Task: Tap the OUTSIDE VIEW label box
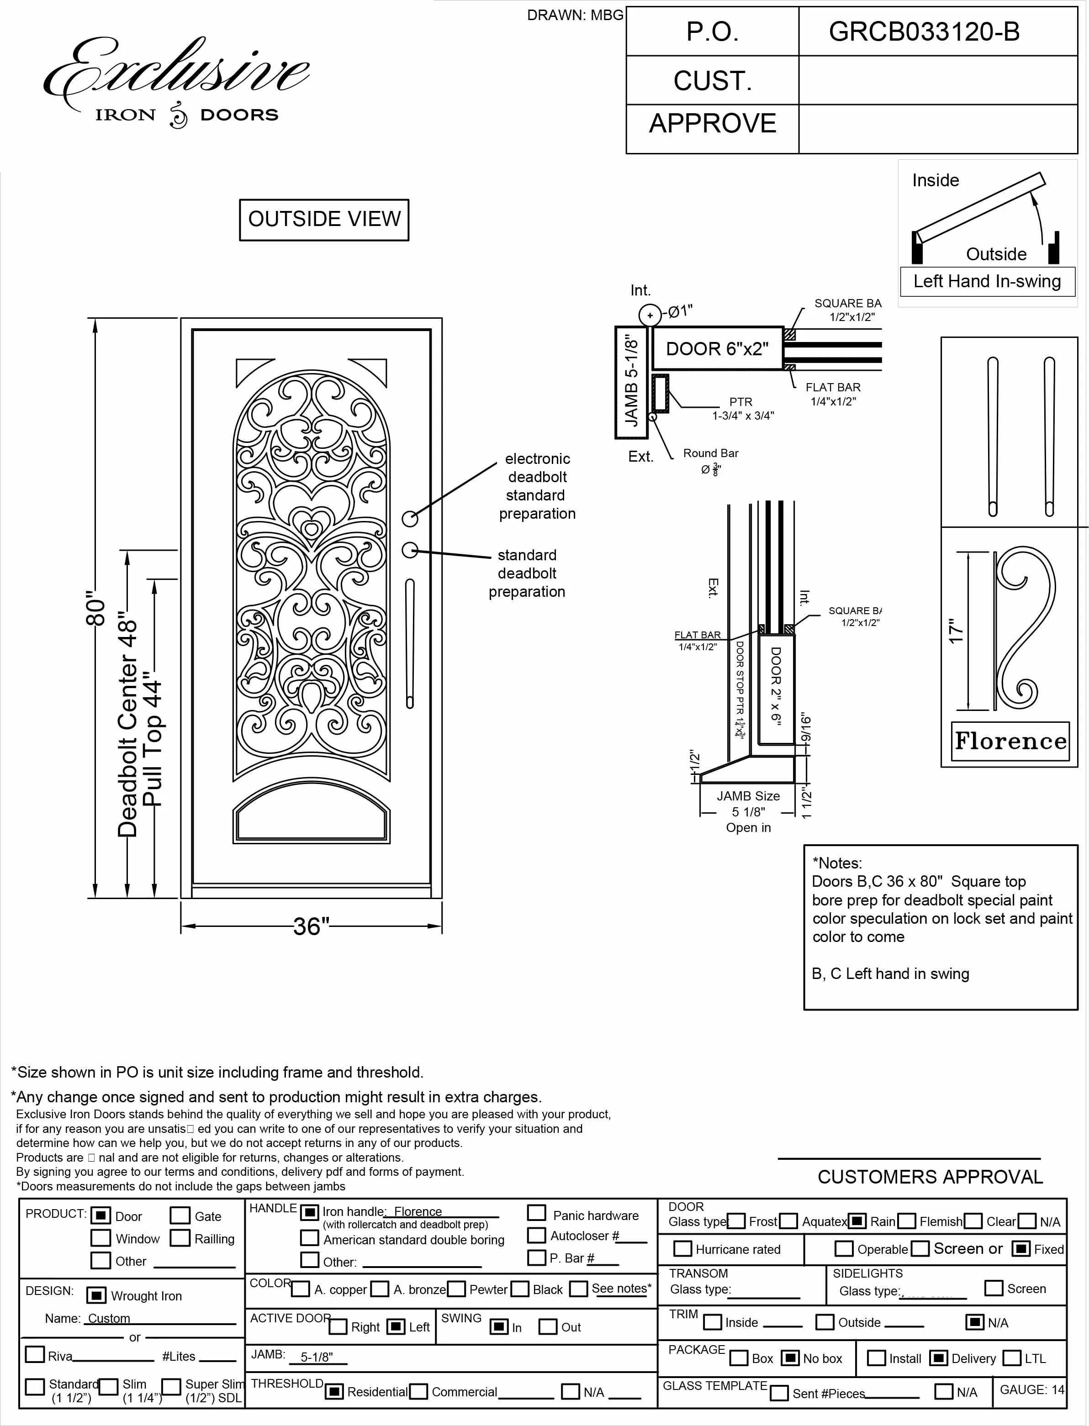(x=324, y=220)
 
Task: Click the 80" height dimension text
(x=96, y=608)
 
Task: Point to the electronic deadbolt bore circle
(x=410, y=518)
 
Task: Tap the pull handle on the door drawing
(x=410, y=643)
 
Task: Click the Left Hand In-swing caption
(x=987, y=281)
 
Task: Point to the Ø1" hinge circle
(x=650, y=316)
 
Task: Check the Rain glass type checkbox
(x=857, y=1221)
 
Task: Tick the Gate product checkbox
(x=180, y=1216)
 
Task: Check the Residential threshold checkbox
(x=334, y=1391)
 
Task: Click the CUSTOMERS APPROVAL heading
(x=930, y=1177)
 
